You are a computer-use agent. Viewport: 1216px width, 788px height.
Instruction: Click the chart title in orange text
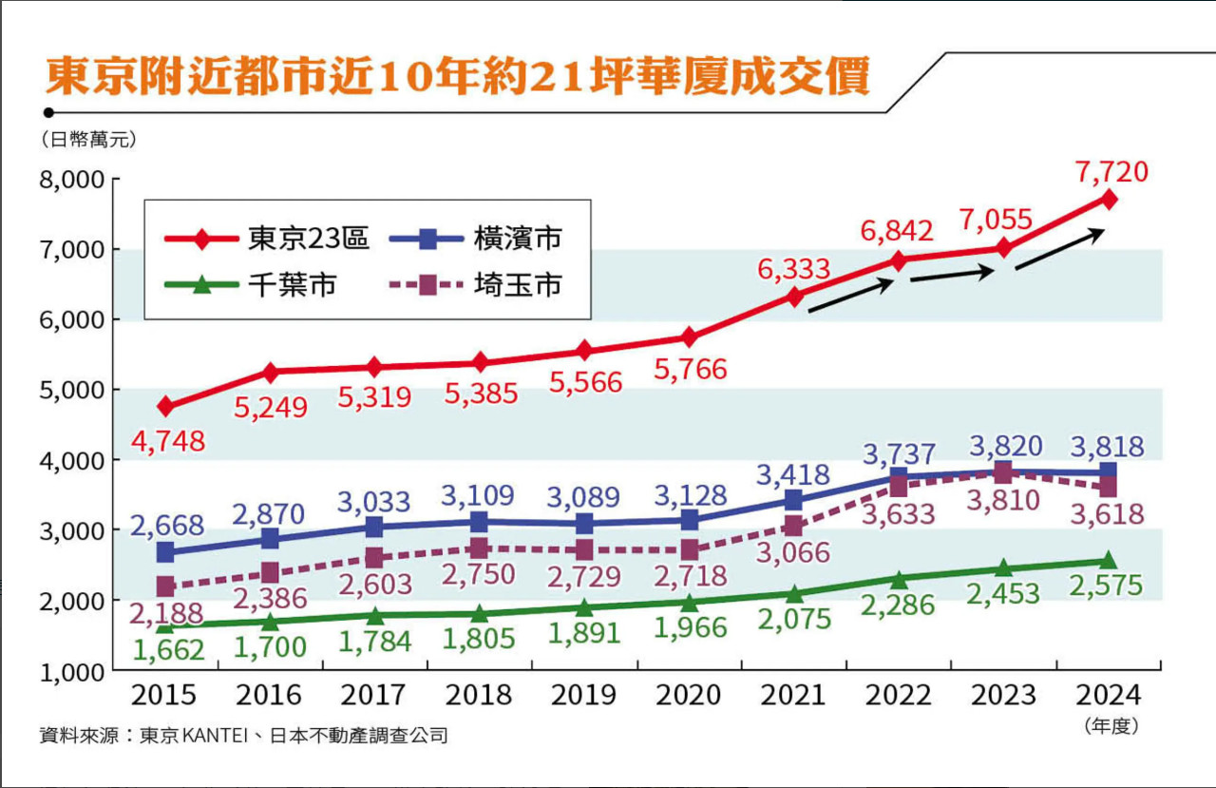coord(458,77)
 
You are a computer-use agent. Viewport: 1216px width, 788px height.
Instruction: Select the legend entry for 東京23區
coord(267,238)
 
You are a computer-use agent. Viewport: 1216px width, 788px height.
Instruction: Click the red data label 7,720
coord(1111,172)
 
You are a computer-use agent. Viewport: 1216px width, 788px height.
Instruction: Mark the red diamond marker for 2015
coord(165,407)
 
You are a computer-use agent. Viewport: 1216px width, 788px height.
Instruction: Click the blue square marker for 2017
coord(374,527)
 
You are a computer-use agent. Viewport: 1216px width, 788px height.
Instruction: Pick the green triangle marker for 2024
coord(1108,560)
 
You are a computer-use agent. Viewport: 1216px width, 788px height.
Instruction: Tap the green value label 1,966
coord(691,628)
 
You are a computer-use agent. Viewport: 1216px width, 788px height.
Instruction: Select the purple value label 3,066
coord(795,553)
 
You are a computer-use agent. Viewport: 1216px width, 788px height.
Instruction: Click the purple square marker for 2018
coord(479,548)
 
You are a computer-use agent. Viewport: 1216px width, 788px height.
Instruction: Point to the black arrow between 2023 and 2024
coord(1060,248)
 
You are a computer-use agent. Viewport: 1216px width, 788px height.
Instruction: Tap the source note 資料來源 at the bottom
coord(243,735)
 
